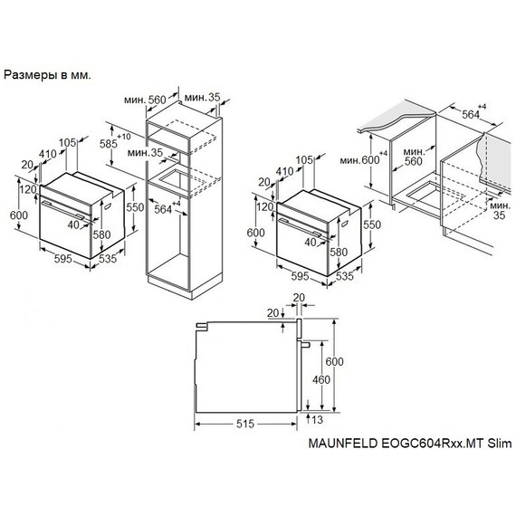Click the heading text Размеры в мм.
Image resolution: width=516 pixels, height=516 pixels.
(47, 75)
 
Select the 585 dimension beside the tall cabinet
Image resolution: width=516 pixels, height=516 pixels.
(109, 144)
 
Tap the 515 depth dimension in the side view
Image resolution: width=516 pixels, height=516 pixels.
(245, 424)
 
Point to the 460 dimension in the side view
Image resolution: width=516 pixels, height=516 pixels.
(321, 380)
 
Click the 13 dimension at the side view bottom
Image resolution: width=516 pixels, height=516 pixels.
(317, 419)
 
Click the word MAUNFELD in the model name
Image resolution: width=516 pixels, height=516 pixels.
(342, 444)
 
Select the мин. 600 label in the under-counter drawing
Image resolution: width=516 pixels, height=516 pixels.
(359, 160)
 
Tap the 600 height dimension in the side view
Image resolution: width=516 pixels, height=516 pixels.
(335, 361)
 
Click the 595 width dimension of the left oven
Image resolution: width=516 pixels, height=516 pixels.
(62, 259)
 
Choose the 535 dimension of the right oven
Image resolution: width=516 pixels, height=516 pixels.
(345, 276)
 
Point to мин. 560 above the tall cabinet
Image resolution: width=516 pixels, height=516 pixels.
(145, 100)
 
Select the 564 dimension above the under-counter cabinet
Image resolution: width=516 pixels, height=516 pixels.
(471, 114)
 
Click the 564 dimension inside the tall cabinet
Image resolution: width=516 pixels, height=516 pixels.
(163, 209)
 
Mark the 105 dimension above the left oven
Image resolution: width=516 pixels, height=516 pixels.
(68, 142)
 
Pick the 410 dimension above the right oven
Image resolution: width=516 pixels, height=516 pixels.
(284, 171)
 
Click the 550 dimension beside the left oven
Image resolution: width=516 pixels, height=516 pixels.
(135, 207)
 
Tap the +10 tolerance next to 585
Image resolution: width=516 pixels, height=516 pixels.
(124, 136)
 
